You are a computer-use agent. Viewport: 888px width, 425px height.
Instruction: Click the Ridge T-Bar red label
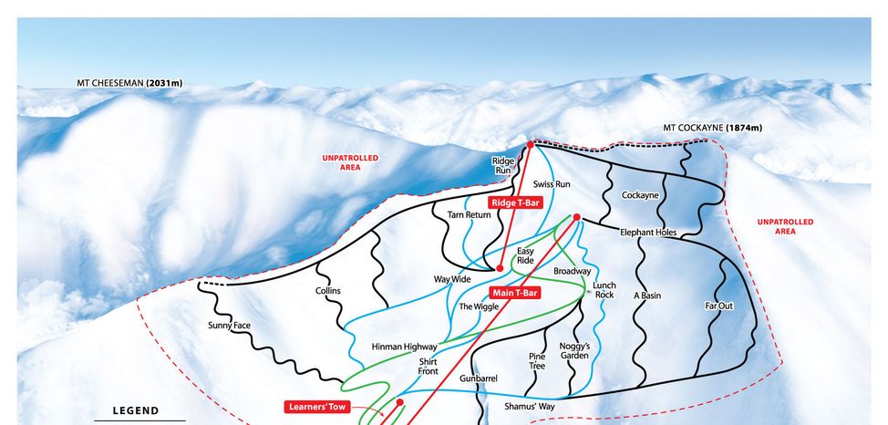pos(515,202)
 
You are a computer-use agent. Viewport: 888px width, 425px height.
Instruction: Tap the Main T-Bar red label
pos(514,293)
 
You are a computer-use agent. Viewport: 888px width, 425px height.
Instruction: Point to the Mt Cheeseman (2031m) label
pos(129,84)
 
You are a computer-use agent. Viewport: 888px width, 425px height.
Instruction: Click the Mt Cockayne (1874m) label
pos(712,128)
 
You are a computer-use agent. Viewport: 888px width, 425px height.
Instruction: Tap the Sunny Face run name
pos(229,326)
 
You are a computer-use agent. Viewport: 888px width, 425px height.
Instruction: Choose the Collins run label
pos(328,291)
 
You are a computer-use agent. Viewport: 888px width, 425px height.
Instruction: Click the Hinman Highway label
pos(404,347)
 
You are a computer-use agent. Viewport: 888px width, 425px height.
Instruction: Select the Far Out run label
pos(719,306)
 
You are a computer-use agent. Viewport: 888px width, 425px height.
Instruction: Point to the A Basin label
pos(646,295)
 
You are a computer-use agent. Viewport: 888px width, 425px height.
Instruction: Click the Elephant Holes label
pos(648,233)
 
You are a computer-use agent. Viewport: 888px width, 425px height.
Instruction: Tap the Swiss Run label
pos(552,184)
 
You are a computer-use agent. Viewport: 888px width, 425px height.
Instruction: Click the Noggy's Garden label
pos(574,351)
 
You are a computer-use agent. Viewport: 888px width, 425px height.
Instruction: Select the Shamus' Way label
pos(530,407)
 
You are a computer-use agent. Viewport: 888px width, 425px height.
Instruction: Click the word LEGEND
pos(135,411)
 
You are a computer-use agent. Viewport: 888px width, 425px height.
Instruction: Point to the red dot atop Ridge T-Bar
pos(530,144)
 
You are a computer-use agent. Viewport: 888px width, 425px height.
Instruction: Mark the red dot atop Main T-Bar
pos(576,217)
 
